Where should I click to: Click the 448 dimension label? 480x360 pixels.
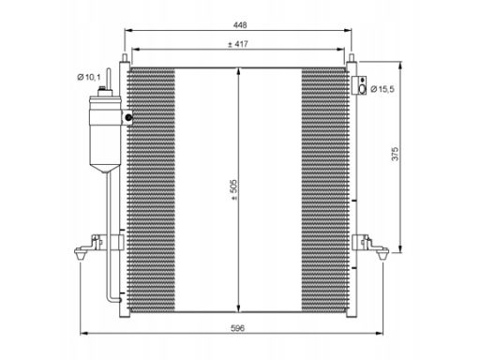(x=240, y=25)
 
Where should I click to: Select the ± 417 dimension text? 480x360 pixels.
(x=237, y=44)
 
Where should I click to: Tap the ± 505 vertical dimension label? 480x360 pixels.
(x=233, y=189)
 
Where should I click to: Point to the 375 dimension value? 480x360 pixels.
(x=395, y=154)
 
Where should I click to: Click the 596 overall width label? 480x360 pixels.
(x=237, y=328)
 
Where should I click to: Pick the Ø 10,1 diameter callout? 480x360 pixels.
(x=89, y=77)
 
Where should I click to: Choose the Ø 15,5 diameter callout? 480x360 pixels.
(x=382, y=89)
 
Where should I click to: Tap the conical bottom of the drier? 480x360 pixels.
(x=105, y=169)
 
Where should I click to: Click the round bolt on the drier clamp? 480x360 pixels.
(x=127, y=117)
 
